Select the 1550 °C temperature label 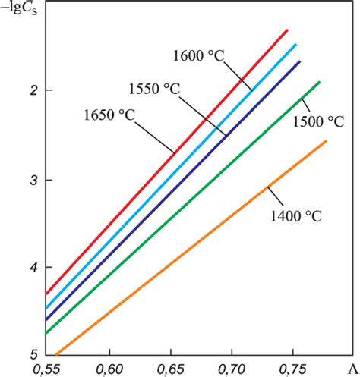[x=154, y=89]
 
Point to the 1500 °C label [x=319, y=121]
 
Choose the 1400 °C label [x=296, y=215]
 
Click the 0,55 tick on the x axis [x=46, y=368]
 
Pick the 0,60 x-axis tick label [x=109, y=368]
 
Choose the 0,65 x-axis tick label [x=172, y=368]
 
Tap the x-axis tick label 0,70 [x=234, y=368]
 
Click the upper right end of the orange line [x=327, y=140]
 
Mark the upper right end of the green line [x=320, y=82]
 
